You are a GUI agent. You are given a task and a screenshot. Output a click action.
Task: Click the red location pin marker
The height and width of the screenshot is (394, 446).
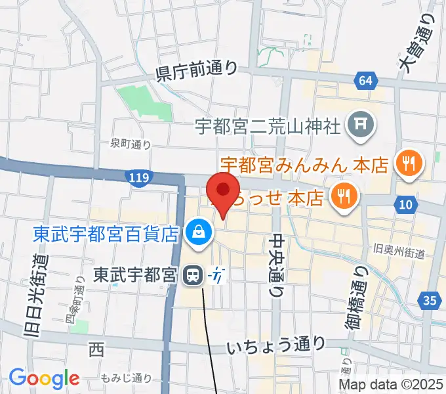coord(223,192)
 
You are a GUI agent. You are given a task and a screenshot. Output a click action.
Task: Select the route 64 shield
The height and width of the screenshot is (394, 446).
coord(366,81)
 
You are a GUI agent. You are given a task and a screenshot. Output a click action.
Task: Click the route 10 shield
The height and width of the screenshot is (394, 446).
coord(406,206)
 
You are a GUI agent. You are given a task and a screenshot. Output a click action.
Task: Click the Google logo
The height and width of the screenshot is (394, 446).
coord(44,378)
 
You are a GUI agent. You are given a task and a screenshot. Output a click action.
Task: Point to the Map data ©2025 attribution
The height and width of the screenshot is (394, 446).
coord(390,385)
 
